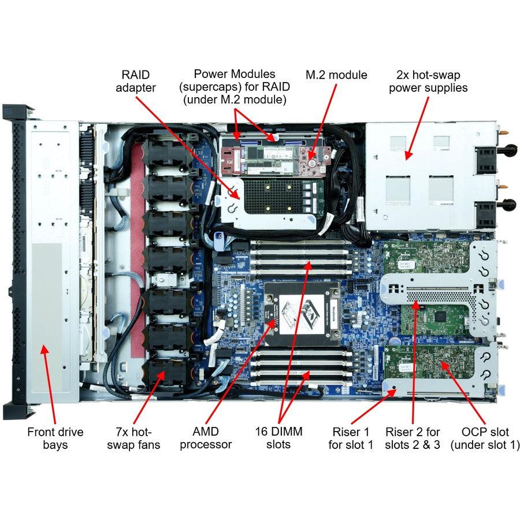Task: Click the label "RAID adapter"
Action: tap(135, 81)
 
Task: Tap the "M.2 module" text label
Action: tap(336, 75)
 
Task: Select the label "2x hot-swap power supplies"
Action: tap(428, 81)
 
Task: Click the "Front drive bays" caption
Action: tap(55, 438)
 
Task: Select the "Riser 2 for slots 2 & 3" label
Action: tap(413, 438)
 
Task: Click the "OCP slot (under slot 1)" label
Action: tap(485, 438)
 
